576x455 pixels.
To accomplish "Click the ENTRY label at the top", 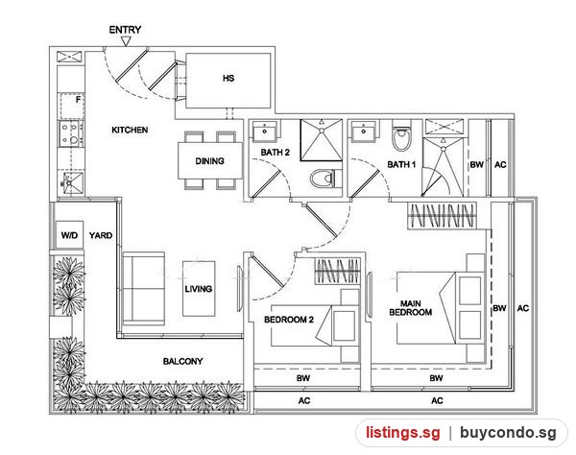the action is click(x=125, y=30).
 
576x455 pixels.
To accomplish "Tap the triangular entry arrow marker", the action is click(x=126, y=41).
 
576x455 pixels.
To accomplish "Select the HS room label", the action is click(x=228, y=78).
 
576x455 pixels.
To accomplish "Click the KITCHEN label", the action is click(x=130, y=130).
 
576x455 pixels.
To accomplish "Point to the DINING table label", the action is click(x=209, y=161).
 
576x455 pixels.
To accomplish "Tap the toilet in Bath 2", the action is click(x=323, y=180).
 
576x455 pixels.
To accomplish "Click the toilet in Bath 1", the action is click(x=402, y=136).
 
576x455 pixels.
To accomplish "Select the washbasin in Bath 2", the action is click(x=265, y=131).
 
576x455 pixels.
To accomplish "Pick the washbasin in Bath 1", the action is click(x=364, y=131).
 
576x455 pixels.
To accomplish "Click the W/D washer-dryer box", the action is click(x=69, y=235).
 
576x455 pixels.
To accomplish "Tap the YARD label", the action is click(x=101, y=235).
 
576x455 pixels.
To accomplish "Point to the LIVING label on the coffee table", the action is click(x=199, y=289).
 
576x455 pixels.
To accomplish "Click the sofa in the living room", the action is click(x=144, y=289).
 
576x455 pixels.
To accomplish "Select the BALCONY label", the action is click(x=183, y=361).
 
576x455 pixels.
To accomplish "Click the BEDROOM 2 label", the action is click(x=289, y=320).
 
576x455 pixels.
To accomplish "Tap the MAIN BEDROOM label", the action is click(x=411, y=308).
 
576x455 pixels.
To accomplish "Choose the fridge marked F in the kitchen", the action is click(x=72, y=106).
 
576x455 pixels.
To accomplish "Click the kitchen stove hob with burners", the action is click(x=71, y=133).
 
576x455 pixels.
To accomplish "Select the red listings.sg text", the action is click(x=403, y=433).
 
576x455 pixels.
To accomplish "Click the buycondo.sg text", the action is click(x=508, y=433).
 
